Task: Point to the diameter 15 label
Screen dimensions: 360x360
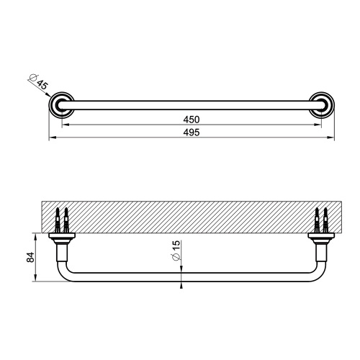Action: click(x=175, y=251)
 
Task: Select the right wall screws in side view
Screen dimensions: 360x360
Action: click(x=322, y=218)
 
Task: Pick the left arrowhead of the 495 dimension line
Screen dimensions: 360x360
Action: click(x=51, y=138)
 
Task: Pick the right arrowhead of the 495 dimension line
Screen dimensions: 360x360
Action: click(x=332, y=138)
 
